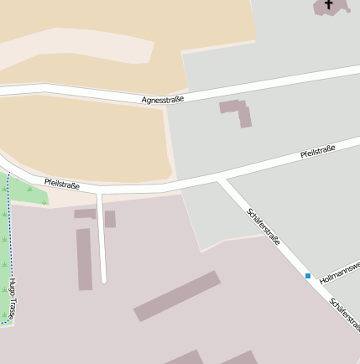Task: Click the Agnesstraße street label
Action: pos(163,99)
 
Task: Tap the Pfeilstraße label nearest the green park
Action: pos(62,184)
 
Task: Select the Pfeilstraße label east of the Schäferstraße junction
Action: pos(318,152)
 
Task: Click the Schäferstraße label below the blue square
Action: pos(344,314)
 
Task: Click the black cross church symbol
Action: pos(328,4)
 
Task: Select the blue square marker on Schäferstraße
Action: pos(308,275)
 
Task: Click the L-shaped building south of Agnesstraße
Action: pos(238,111)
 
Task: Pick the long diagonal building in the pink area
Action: pos(177,296)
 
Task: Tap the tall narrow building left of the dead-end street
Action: pos(84,259)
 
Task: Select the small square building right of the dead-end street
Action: pos(110,219)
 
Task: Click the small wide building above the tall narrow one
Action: pos(84,214)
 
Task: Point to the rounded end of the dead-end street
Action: pos(103,279)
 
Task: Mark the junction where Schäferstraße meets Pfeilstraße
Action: pos(220,179)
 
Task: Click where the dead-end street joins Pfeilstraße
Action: pos(100,194)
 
